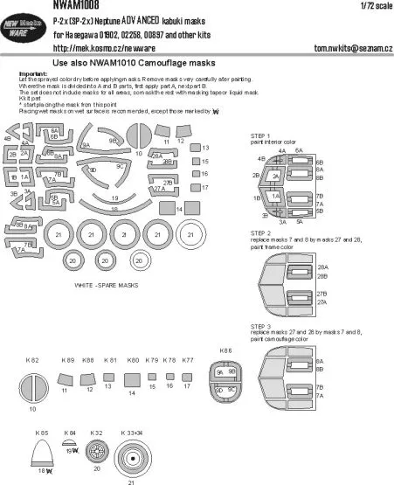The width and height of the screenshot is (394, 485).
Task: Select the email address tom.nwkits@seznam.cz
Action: click(x=339, y=49)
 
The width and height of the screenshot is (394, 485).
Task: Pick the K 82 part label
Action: click(x=33, y=360)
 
